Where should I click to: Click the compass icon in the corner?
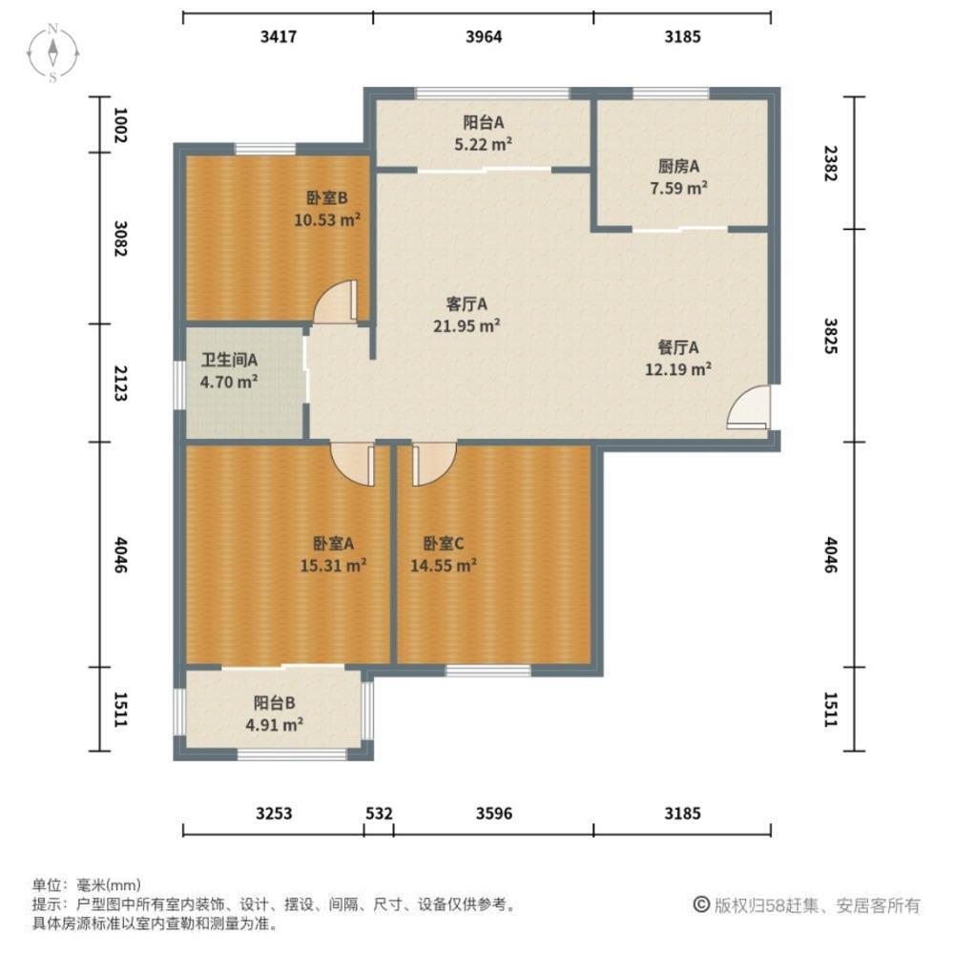[x=52, y=52]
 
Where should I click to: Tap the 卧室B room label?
[x=326, y=197]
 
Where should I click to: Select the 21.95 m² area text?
[x=467, y=325]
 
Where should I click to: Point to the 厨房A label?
[x=678, y=166]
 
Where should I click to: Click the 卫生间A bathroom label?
[x=229, y=361]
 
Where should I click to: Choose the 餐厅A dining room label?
[x=678, y=347]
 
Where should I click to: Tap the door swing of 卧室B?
[x=335, y=301]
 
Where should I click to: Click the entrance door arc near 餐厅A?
[x=749, y=407]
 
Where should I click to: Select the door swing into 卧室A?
[x=353, y=464]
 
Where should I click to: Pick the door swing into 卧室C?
[x=434, y=464]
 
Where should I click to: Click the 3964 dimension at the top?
[x=484, y=36]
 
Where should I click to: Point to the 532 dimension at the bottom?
[x=379, y=814]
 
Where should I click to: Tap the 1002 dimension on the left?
[x=120, y=125]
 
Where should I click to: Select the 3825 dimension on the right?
[x=831, y=336]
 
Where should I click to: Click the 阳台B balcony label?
[x=275, y=703]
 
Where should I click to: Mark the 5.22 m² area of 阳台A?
[x=483, y=144]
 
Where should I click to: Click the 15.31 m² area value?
[x=333, y=565]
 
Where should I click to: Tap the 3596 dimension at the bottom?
[x=494, y=814]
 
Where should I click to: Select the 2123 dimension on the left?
[x=120, y=384]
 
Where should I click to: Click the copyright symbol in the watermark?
[x=701, y=904]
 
